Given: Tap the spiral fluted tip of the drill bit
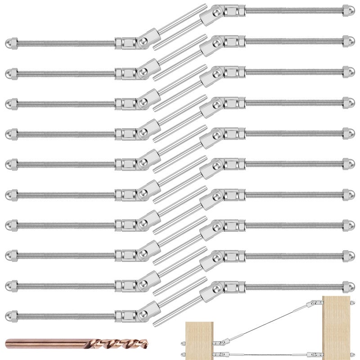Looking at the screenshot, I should [x=126, y=345].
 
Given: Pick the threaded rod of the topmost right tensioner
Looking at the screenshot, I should [x=292, y=10].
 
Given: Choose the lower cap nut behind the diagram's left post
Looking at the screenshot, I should [x=183, y=354].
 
